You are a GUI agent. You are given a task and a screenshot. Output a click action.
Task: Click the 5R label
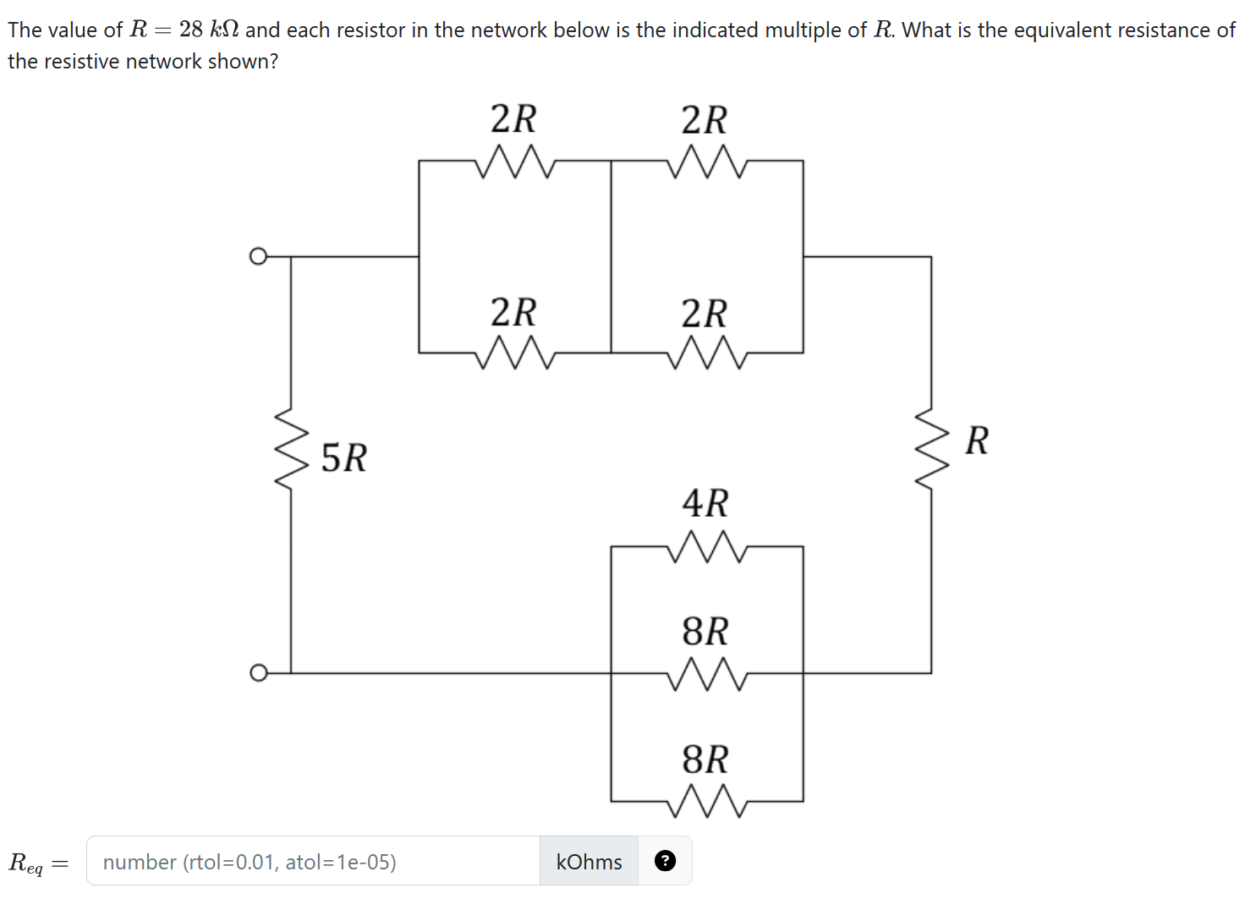(x=344, y=458)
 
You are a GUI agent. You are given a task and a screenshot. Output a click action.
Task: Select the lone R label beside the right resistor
(x=976, y=441)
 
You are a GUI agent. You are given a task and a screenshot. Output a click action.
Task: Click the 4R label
(x=705, y=503)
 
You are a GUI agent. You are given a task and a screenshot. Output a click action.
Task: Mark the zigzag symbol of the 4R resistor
(x=706, y=547)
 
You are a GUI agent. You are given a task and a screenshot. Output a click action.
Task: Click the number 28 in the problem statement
(x=191, y=30)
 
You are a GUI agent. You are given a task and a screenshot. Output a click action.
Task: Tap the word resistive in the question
(x=81, y=62)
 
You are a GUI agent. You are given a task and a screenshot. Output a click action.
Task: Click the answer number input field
(x=313, y=862)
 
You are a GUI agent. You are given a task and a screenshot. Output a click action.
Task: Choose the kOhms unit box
(x=589, y=862)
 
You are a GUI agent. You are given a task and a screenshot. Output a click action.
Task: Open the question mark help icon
(x=666, y=861)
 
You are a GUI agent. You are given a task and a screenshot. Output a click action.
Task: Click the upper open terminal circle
(x=258, y=256)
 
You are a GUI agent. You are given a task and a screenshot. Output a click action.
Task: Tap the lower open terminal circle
(x=258, y=673)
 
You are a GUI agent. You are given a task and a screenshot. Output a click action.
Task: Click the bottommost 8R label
(x=705, y=759)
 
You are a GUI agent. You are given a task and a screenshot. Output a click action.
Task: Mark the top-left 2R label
(x=513, y=119)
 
